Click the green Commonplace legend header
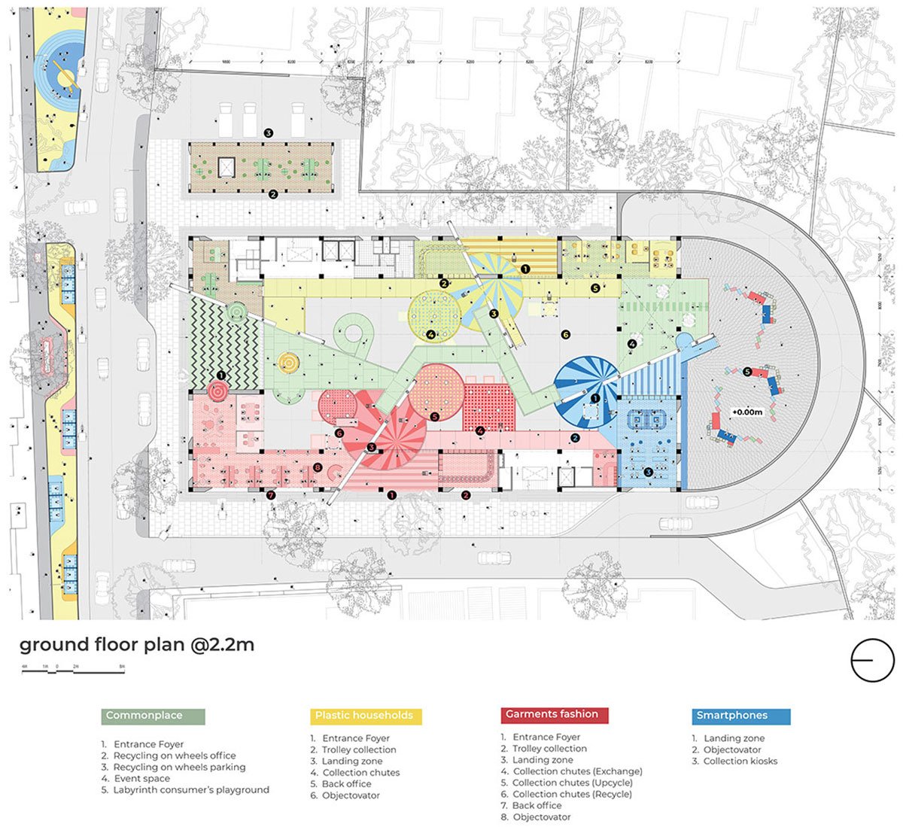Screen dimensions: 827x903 pos(152,716)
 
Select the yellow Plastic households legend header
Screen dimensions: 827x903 pos(366,716)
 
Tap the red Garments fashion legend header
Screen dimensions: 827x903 pos(554,715)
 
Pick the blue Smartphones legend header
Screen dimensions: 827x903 pos(740,716)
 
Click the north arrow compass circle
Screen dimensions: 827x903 pos(871,660)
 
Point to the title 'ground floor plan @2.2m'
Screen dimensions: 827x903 pos(136,645)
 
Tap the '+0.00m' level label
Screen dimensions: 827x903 pos(747,413)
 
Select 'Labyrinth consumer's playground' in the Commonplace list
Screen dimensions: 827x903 pos(191,790)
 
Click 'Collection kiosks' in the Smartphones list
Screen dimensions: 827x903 pos(740,761)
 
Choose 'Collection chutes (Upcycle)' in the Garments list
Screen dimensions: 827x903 pos(577,783)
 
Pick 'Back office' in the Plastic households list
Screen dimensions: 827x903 pos(347,784)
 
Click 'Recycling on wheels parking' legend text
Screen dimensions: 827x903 pos(179,767)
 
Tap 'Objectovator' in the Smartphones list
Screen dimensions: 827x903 pos(732,749)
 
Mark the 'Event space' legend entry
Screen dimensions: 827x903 pos(141,778)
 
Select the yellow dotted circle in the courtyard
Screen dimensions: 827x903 pos(434,316)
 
